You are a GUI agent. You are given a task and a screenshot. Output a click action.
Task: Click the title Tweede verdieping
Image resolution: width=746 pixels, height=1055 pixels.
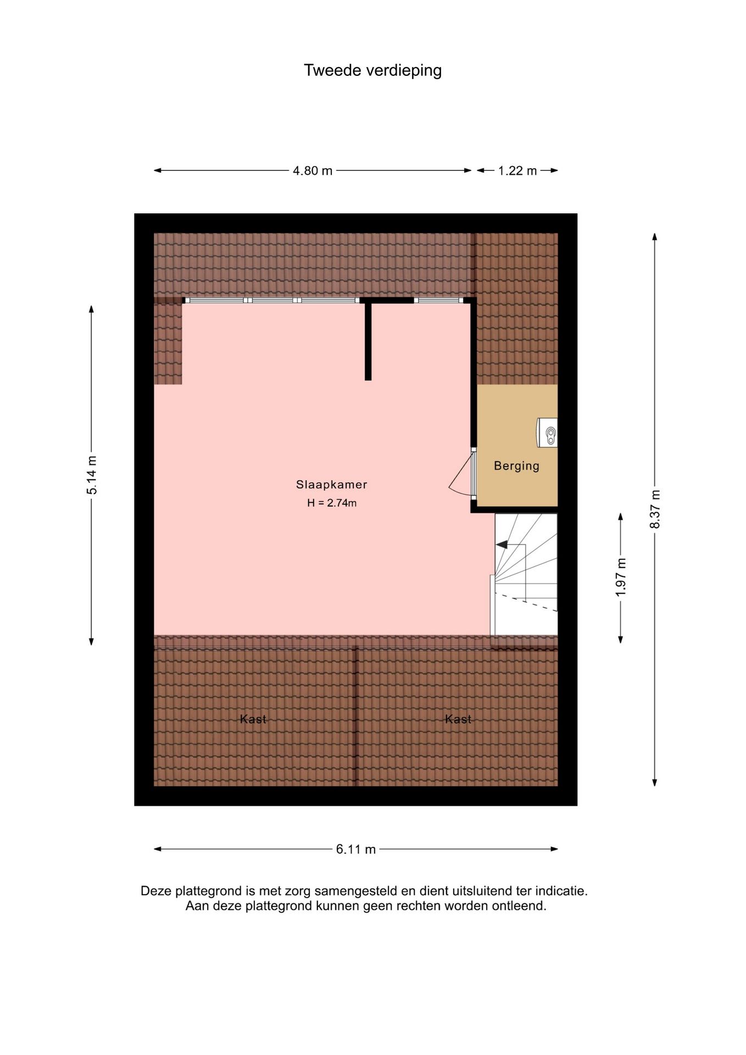tap(372, 70)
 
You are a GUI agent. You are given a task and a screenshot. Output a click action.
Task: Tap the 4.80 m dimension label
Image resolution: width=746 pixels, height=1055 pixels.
tap(312, 171)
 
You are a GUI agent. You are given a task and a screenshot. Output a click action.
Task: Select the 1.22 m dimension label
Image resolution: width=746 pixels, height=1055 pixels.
tap(517, 171)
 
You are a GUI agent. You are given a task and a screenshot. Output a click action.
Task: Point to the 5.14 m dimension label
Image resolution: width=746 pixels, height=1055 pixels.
tap(92, 475)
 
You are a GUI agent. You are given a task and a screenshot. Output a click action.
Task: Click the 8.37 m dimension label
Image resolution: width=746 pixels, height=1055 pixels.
tap(655, 509)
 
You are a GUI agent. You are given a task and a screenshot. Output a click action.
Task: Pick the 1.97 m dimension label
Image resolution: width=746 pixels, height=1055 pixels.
tap(621, 577)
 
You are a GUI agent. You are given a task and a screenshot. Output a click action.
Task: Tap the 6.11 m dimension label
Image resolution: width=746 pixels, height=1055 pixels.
tap(355, 849)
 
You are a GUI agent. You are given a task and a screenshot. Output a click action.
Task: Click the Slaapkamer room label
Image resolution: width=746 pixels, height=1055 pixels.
tap(331, 485)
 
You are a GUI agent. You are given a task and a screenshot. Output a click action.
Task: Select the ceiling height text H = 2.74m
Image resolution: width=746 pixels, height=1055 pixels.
tap(331, 503)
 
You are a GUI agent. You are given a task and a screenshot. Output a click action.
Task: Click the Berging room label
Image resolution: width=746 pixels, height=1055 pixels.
tap(516, 466)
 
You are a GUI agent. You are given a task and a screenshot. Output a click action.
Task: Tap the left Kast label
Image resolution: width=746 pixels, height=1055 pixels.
tap(253, 719)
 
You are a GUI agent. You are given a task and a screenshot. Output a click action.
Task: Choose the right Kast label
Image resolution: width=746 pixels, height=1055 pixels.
tap(458, 719)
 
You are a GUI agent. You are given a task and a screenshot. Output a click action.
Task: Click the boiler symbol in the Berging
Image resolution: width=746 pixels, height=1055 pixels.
tap(549, 432)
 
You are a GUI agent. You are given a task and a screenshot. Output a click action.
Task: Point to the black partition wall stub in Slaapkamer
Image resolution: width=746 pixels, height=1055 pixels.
tap(368, 341)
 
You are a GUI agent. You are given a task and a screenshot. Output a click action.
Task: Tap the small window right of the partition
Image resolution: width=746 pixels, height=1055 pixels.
tap(438, 301)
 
